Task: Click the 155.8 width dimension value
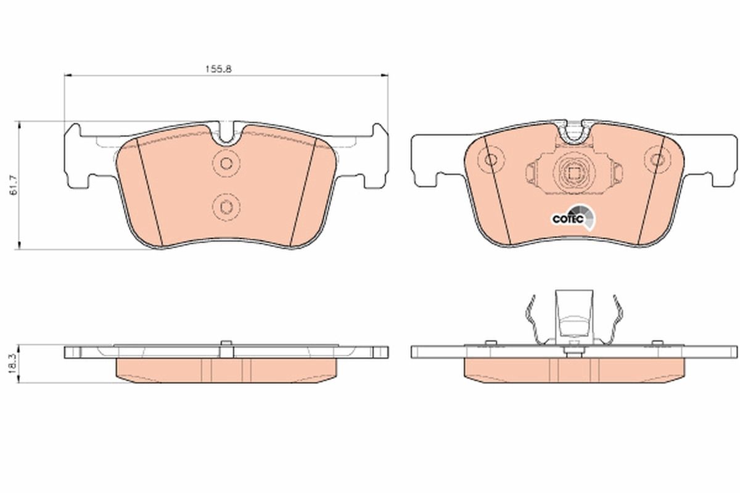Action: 218,70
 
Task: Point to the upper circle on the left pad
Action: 226,163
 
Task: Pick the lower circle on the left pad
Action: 226,206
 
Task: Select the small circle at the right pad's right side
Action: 657,160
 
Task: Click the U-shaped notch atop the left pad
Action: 227,134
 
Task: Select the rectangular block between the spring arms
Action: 574,314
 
